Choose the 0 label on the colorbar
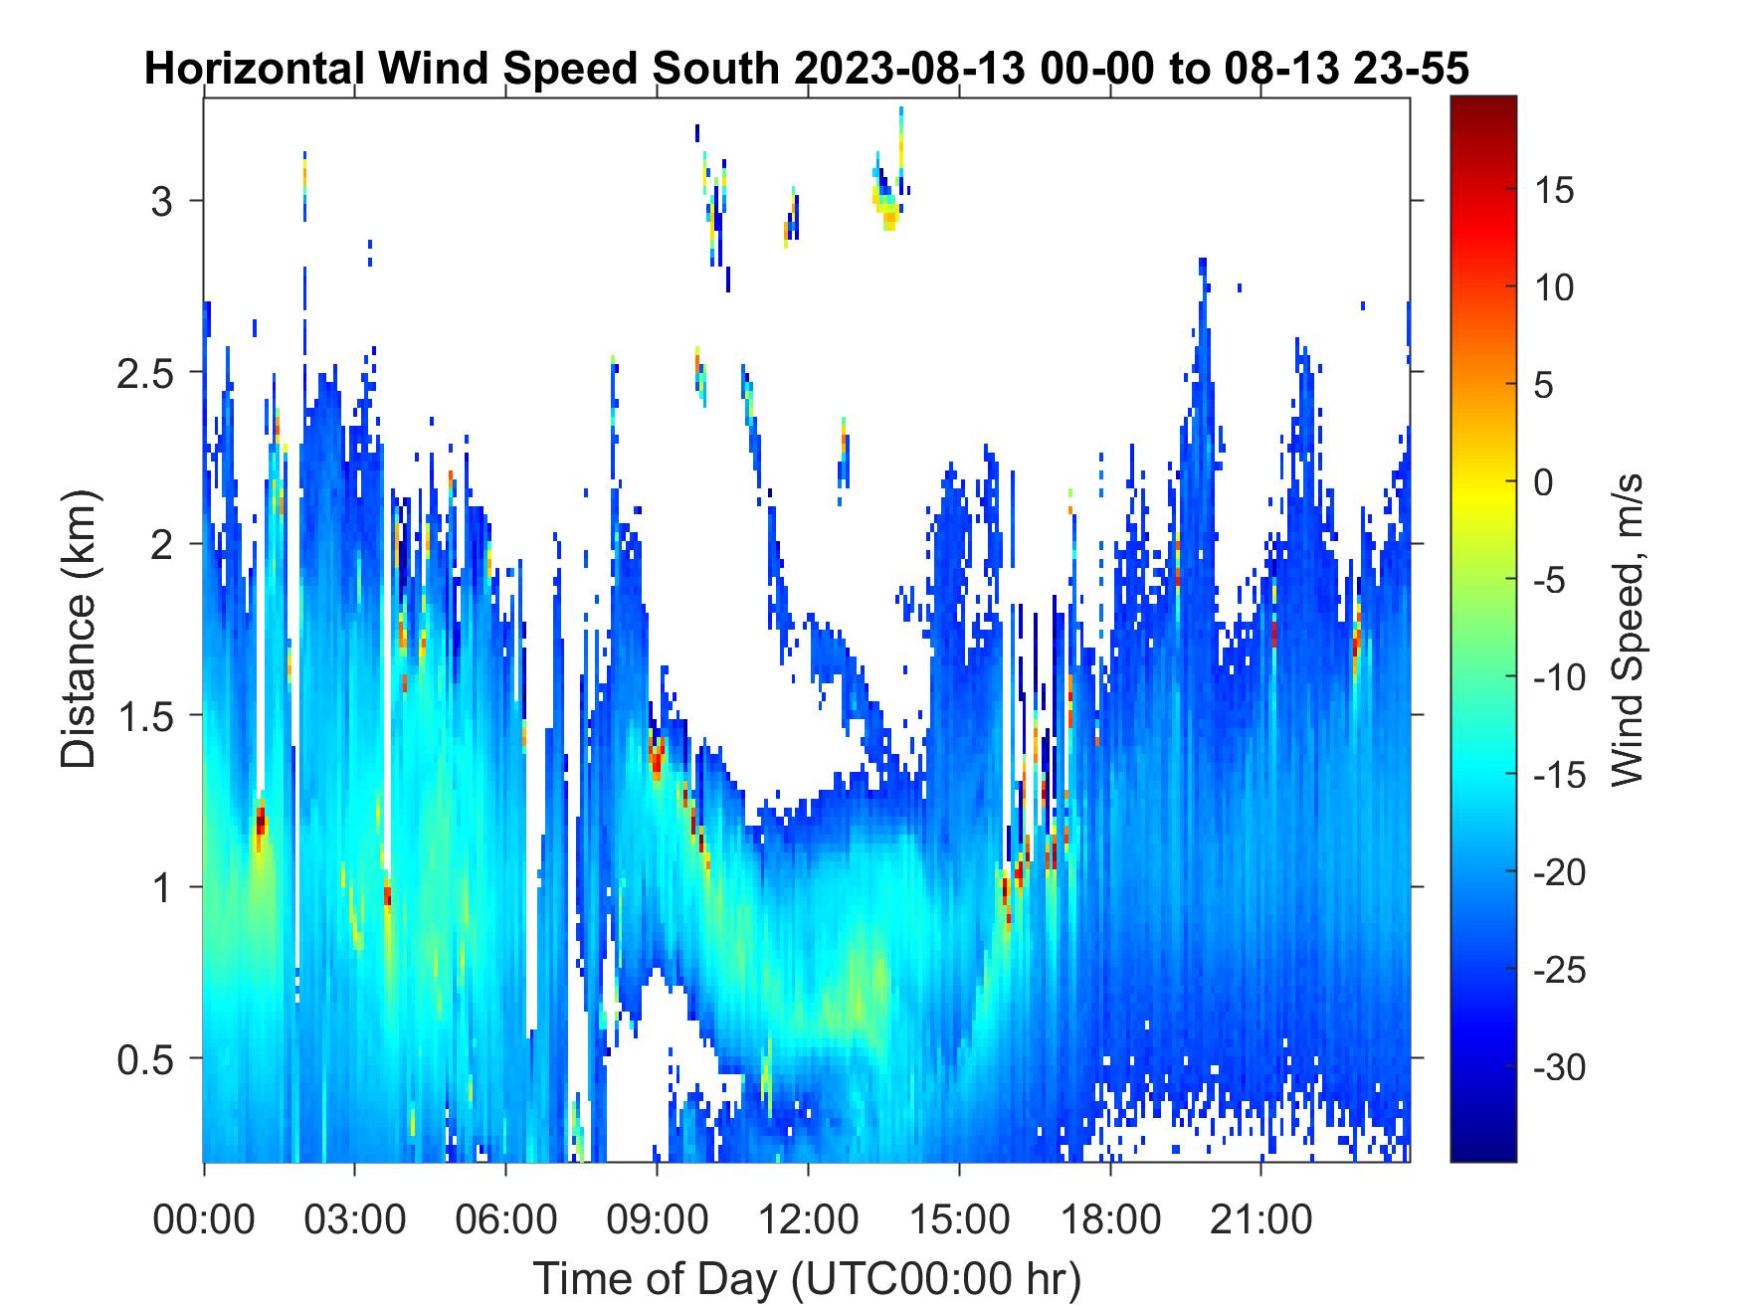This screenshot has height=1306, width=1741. click(1543, 482)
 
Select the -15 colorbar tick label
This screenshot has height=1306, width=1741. click(1560, 775)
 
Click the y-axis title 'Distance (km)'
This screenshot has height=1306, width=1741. click(80, 629)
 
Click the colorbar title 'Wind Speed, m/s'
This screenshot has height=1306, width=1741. click(1626, 630)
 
